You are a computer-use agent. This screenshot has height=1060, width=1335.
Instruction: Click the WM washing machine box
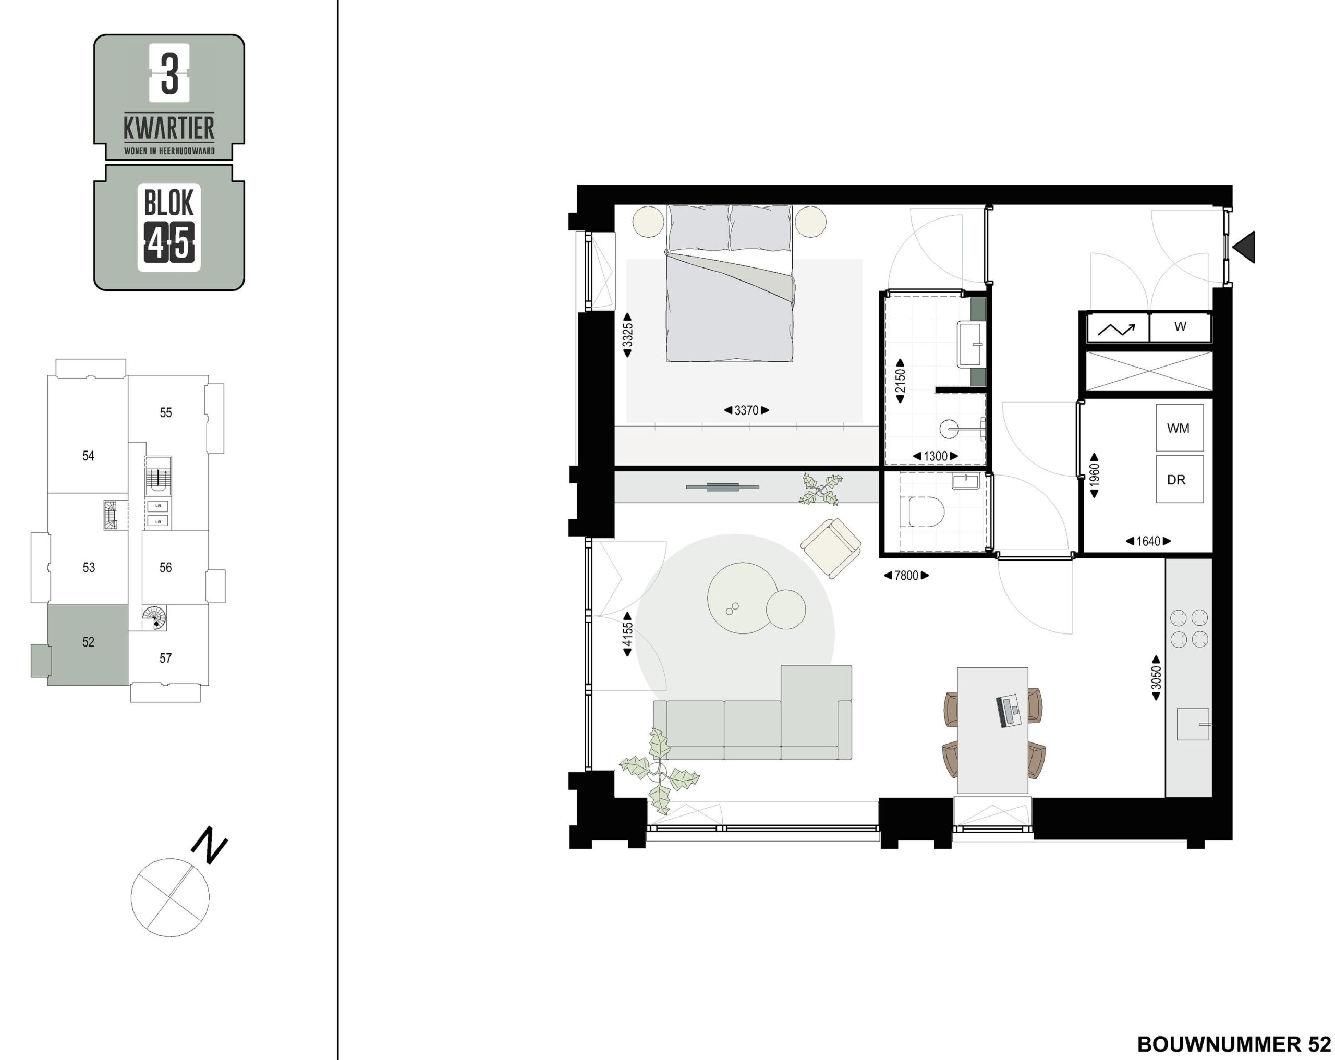1180,428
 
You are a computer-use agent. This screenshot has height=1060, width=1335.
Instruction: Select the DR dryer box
1180,479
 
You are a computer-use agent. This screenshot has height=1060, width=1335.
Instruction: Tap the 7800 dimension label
906,576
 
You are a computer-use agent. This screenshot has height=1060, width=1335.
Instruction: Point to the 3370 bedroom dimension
746,410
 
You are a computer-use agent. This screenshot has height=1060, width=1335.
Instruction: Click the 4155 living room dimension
627,634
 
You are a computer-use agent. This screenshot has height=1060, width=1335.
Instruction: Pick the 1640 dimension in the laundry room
1148,541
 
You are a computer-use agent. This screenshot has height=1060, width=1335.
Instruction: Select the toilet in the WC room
921,512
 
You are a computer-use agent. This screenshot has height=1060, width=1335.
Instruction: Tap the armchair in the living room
831,548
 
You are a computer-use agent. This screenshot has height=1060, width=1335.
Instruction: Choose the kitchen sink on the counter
1193,724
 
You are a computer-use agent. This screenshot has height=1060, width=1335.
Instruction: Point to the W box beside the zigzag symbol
1180,327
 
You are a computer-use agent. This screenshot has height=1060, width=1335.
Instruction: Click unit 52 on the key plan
88,642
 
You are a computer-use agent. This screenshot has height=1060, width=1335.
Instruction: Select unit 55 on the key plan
165,412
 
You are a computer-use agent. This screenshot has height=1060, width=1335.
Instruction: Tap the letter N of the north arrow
209,845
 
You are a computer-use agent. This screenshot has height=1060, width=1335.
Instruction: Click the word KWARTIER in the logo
169,128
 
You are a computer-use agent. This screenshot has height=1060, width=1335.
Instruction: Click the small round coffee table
786,609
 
